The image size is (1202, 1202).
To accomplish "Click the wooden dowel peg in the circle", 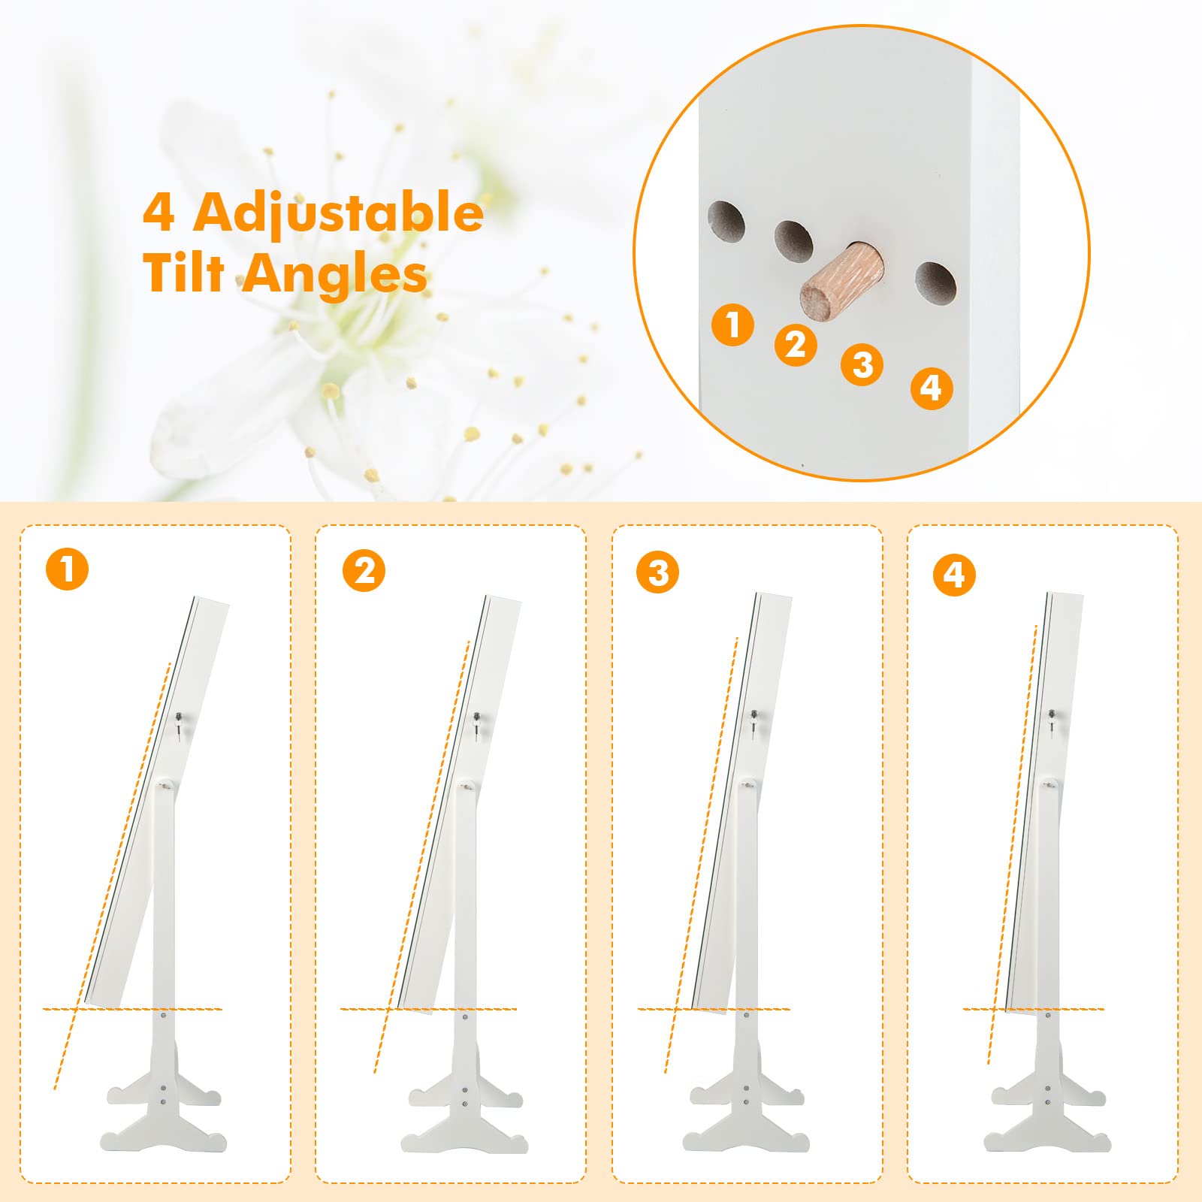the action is pyautogui.click(x=842, y=281).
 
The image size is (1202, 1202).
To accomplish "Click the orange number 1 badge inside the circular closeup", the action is pyautogui.click(x=732, y=325).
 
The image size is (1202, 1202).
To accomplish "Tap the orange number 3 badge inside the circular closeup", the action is pyautogui.click(x=862, y=364).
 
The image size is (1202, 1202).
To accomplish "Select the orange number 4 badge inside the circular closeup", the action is pyautogui.click(x=932, y=388).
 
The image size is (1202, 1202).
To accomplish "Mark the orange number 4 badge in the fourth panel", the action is pyautogui.click(x=954, y=575).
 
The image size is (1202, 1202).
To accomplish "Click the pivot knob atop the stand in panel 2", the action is pyautogui.click(x=467, y=787).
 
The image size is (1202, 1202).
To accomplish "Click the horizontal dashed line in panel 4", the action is pyautogui.click(x=1034, y=1009).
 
